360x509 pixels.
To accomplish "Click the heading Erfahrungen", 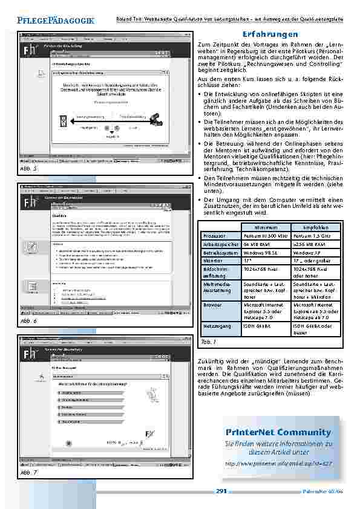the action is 269,34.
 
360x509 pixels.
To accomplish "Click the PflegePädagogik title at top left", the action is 56,21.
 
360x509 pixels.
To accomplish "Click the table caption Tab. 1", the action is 208,342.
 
